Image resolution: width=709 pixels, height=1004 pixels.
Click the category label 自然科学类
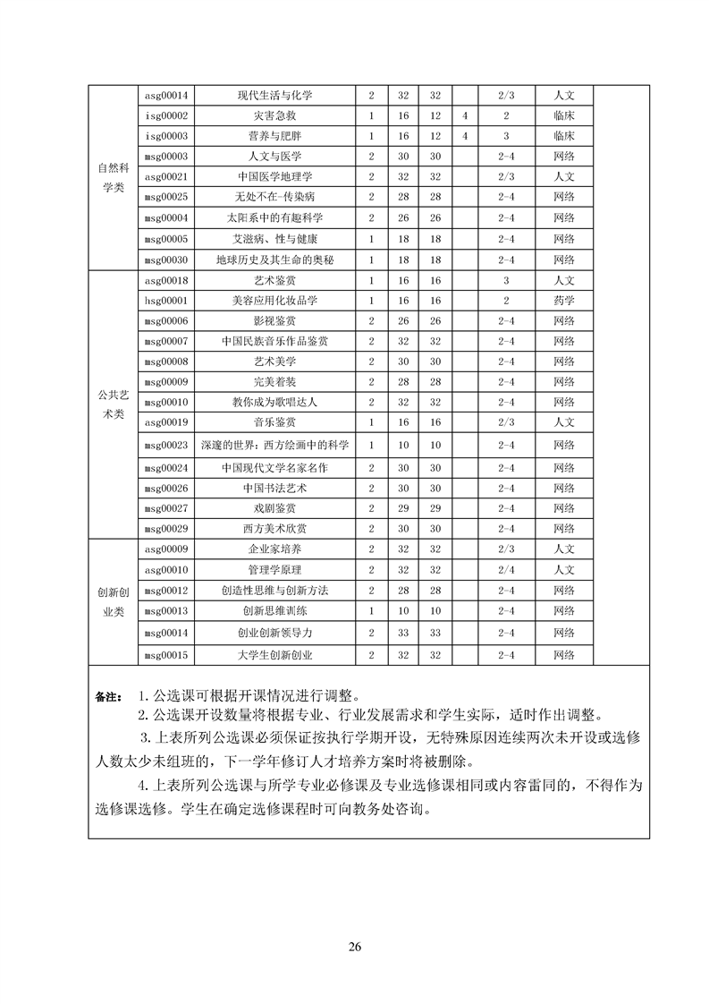pyautogui.click(x=114, y=177)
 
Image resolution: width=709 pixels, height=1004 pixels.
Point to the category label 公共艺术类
pyautogui.click(x=114, y=402)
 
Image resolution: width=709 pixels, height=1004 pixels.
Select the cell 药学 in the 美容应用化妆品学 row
pyautogui.click(x=563, y=301)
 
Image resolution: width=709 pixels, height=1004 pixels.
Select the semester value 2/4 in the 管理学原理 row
pyautogui.click(x=506, y=569)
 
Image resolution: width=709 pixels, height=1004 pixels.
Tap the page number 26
pyautogui.click(x=355, y=947)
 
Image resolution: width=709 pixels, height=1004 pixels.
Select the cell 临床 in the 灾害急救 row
pyautogui.click(x=563, y=116)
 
